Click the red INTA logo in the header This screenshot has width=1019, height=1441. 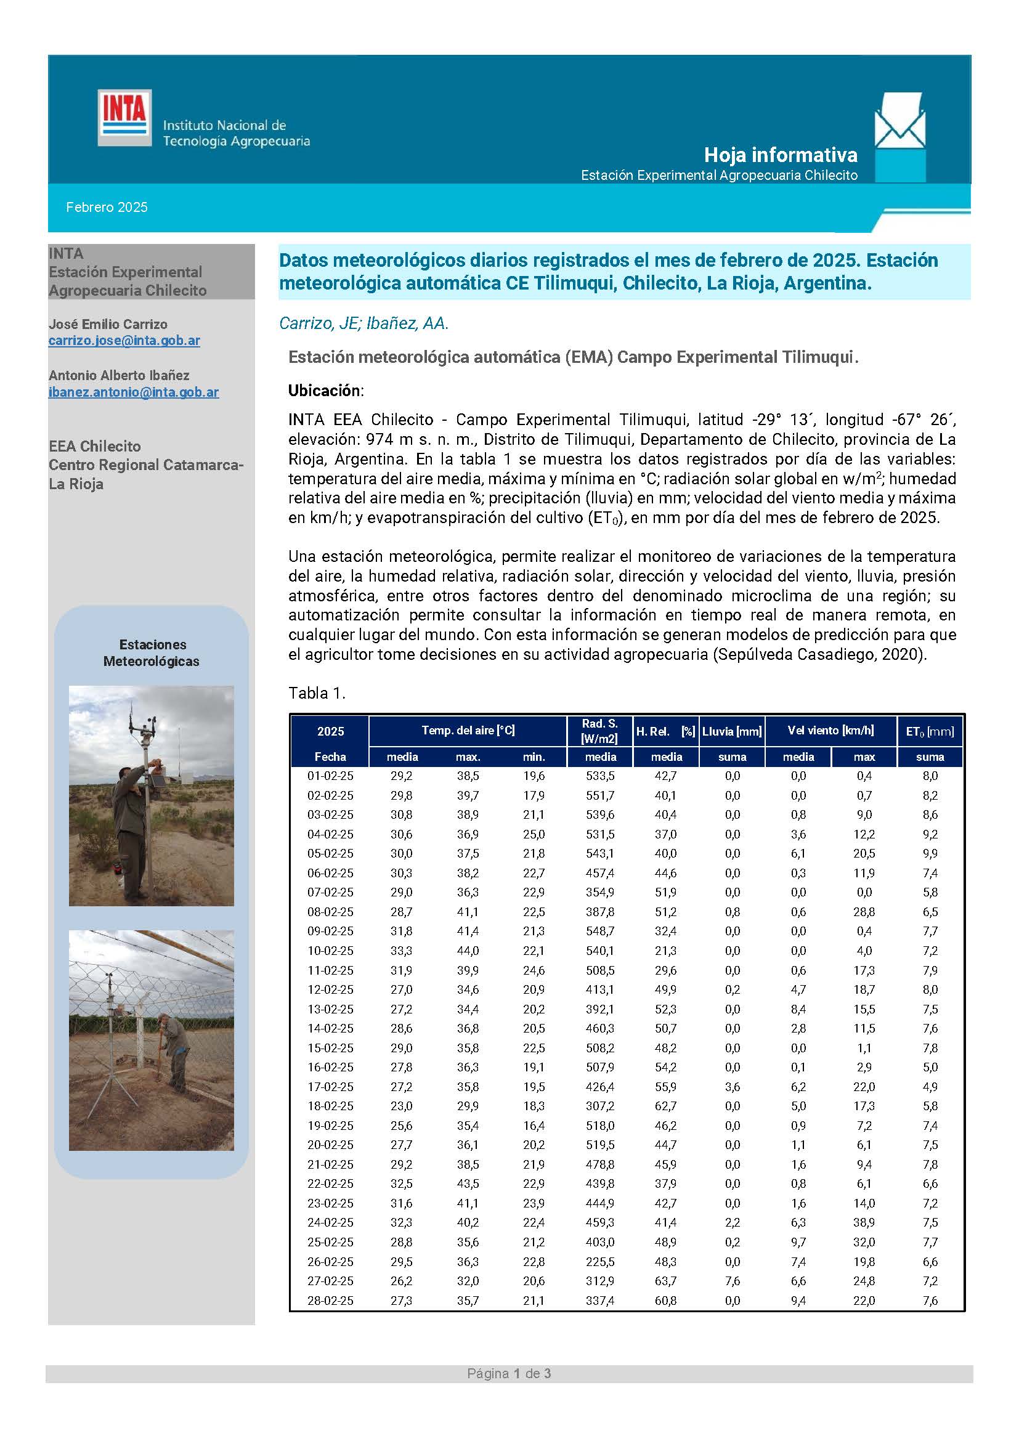point(124,118)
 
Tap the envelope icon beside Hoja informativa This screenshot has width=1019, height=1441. point(899,121)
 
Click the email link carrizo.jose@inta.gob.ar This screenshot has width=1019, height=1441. point(124,340)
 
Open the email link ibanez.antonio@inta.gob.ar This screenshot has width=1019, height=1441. point(134,392)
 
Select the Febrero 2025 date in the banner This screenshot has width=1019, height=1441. point(107,207)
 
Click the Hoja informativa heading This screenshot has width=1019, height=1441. point(780,155)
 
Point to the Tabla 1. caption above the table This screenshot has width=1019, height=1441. point(317,693)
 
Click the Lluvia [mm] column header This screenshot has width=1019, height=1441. point(732,731)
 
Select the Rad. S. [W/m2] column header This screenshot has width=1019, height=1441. point(600,731)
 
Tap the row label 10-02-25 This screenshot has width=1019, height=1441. point(330,951)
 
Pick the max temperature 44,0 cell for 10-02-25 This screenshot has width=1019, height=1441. point(468,951)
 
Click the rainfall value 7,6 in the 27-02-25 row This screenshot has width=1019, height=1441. point(733,1281)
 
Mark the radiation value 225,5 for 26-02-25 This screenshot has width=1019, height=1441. point(600,1262)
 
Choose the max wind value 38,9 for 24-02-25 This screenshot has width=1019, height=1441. point(864,1222)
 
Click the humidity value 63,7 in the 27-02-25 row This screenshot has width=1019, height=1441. point(666,1281)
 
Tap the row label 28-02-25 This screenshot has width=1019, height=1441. point(330,1301)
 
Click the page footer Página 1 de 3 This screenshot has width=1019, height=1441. point(509,1374)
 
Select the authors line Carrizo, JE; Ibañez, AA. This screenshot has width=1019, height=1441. point(364,323)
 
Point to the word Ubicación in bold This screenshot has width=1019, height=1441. point(325,391)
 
